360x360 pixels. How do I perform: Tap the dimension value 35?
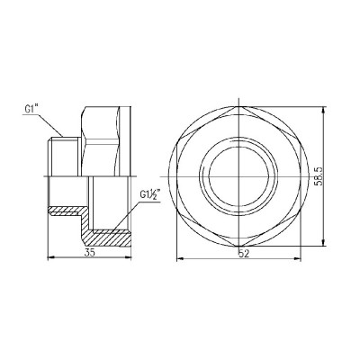(87, 254)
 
